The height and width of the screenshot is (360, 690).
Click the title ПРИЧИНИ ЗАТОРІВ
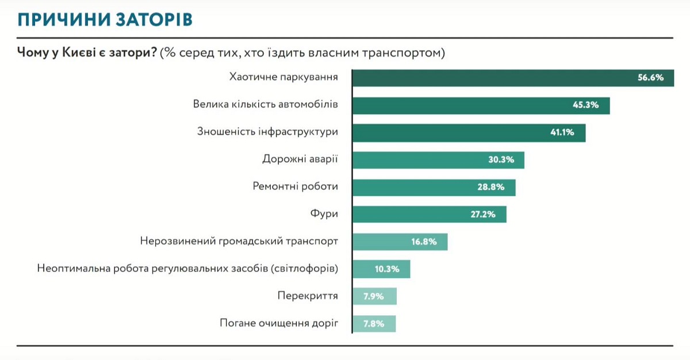pyautogui.click(x=105, y=19)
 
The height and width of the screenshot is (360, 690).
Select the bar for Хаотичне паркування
pyautogui.click(x=489, y=78)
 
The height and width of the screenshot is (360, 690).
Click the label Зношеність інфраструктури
pyautogui.click(x=267, y=132)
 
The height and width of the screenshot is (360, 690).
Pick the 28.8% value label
pyautogui.click(x=493, y=187)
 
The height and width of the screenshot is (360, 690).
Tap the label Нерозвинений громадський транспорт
pyautogui.click(x=239, y=241)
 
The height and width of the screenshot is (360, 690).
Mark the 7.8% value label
pyautogui.click(x=373, y=324)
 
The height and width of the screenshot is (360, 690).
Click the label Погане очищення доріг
pyautogui.click(x=279, y=323)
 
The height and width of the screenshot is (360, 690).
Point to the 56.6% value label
pyautogui.click(x=650, y=78)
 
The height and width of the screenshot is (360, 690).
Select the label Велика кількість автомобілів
pyautogui.click(x=265, y=105)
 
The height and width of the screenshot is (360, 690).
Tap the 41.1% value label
pyautogui.click(x=562, y=133)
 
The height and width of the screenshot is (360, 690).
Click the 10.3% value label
pyautogui.click(x=387, y=269)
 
